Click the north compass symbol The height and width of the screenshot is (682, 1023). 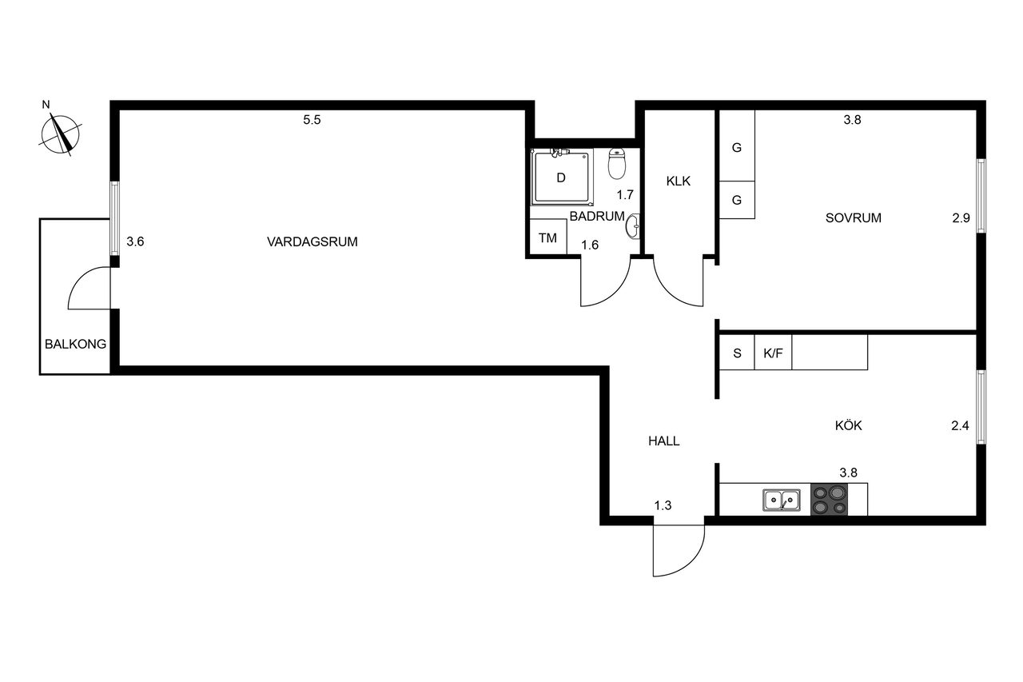pyautogui.click(x=60, y=133)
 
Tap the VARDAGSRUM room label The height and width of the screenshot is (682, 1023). pyautogui.click(x=312, y=241)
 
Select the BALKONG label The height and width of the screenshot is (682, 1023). pyautogui.click(x=75, y=344)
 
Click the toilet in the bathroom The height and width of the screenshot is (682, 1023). pyautogui.click(x=616, y=164)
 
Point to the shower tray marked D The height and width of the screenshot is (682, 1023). pyautogui.click(x=562, y=177)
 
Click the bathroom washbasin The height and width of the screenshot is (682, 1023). pyautogui.click(x=633, y=226)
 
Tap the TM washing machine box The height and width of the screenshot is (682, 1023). pyautogui.click(x=548, y=237)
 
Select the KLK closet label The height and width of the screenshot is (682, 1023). pyautogui.click(x=679, y=181)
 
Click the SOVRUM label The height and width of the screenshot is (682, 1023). pyautogui.click(x=853, y=218)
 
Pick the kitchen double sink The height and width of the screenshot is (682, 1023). pyautogui.click(x=782, y=500)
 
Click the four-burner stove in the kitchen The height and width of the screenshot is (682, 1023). pyautogui.click(x=829, y=500)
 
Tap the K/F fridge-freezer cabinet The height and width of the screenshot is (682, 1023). pyautogui.click(x=773, y=352)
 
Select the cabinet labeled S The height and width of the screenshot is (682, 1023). pyautogui.click(x=737, y=352)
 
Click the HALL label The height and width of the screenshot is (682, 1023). pyautogui.click(x=663, y=441)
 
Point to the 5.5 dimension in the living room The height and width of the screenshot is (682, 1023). pyautogui.click(x=312, y=120)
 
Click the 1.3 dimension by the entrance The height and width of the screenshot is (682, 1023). pyautogui.click(x=663, y=505)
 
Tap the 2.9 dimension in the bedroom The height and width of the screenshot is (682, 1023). pyautogui.click(x=961, y=218)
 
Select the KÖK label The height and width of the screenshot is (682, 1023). pyautogui.click(x=848, y=425)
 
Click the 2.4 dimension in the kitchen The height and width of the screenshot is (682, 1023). pyautogui.click(x=960, y=425)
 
